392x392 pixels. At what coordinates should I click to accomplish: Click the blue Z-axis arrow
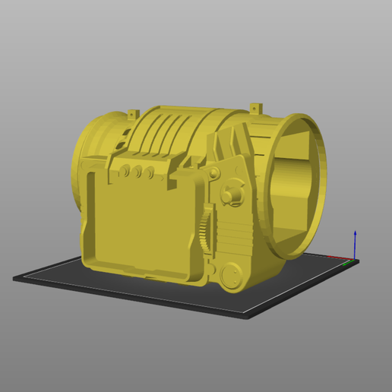tap(356, 245)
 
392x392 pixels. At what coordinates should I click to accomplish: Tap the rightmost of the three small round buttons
tap(150, 173)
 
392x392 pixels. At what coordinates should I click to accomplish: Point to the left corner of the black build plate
tap(15, 279)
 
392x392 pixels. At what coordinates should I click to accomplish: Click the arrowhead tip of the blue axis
tap(356, 231)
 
